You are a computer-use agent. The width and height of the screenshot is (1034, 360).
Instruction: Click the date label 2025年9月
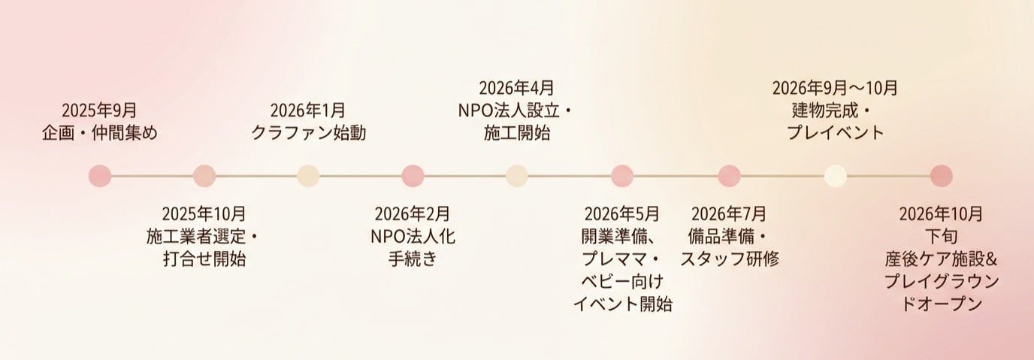pyautogui.click(x=99, y=111)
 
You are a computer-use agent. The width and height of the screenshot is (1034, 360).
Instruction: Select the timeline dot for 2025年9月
pyautogui.click(x=99, y=176)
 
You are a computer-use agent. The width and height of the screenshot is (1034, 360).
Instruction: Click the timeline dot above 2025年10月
pyautogui.click(x=204, y=176)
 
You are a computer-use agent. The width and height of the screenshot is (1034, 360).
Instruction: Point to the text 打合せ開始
pyautogui.click(x=204, y=260)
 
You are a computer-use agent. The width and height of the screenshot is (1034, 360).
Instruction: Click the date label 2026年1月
pyautogui.click(x=307, y=111)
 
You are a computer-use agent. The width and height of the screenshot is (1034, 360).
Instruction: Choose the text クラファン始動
pyautogui.click(x=307, y=134)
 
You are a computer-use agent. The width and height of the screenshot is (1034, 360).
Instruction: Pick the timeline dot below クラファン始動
pyautogui.click(x=309, y=176)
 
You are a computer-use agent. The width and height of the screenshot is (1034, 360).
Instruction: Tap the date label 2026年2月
pyautogui.click(x=413, y=213)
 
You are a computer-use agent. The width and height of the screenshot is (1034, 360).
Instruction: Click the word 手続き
pyautogui.click(x=413, y=260)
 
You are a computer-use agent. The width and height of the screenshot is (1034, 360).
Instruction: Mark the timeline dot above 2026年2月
pyautogui.click(x=413, y=176)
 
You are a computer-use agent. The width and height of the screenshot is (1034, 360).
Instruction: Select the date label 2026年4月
pyautogui.click(x=516, y=88)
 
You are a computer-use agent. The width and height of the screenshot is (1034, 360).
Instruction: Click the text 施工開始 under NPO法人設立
pyautogui.click(x=516, y=134)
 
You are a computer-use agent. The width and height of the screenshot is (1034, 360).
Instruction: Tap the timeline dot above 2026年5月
pyautogui.click(x=622, y=176)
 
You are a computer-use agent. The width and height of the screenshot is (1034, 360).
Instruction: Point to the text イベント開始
pyautogui.click(x=622, y=304)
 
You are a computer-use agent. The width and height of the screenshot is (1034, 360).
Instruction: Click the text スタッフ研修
pyautogui.click(x=730, y=260)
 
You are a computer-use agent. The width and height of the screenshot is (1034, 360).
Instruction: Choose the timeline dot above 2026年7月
pyautogui.click(x=729, y=176)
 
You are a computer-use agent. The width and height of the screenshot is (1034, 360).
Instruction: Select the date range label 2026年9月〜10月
pyautogui.click(x=835, y=88)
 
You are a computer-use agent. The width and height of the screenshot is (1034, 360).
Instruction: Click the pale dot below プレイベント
pyautogui.click(x=836, y=176)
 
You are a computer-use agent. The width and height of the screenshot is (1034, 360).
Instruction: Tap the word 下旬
pyautogui.click(x=941, y=237)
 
